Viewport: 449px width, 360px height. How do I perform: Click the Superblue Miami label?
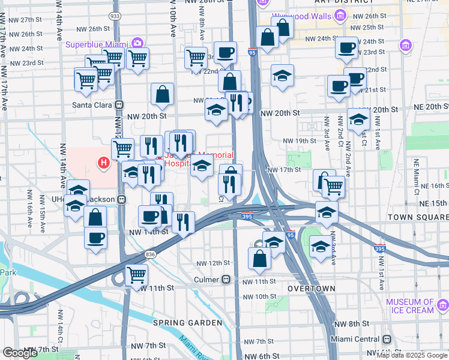pyautogui.click(x=98, y=44)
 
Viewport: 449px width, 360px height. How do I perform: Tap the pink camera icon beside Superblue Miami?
pyautogui.click(x=138, y=43)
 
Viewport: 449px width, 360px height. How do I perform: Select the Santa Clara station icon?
pyautogui.click(x=119, y=103)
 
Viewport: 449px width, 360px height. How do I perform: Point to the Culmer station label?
pyautogui.click(x=207, y=280)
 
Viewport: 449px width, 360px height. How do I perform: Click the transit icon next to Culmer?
pyautogui.click(x=226, y=280)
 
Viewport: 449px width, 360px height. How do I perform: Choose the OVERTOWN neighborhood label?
pyautogui.click(x=311, y=289)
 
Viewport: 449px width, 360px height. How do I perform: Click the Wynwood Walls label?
pyautogui.click(x=300, y=17)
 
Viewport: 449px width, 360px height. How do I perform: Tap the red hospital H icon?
pyautogui.click(x=104, y=162)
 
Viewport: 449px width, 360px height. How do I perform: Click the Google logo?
pyautogui.click(x=20, y=353)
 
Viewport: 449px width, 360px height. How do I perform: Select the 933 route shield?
pyautogui.click(x=115, y=16)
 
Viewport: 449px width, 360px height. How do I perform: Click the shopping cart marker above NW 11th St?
pyautogui.click(x=137, y=275)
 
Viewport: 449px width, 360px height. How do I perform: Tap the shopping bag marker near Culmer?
pyautogui.click(x=260, y=259)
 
